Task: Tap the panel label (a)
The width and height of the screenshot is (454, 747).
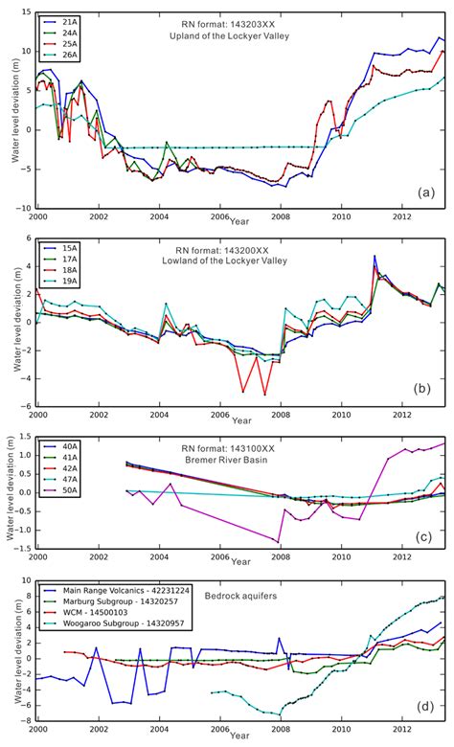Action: coord(427,193)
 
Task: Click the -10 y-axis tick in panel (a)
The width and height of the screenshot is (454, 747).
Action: coord(27,208)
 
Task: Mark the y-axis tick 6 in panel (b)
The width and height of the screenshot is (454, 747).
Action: coord(29,237)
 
